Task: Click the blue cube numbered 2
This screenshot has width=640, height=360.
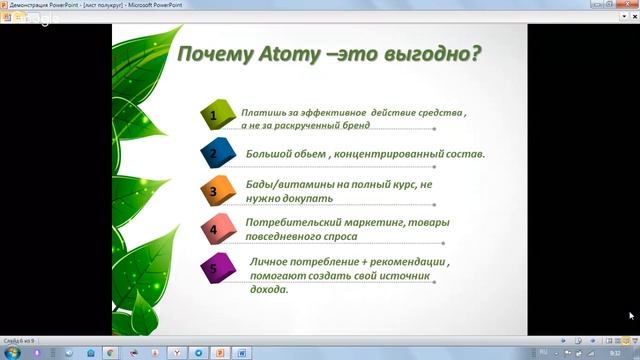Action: tap(215, 155)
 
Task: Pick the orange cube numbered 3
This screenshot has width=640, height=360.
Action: tap(215, 191)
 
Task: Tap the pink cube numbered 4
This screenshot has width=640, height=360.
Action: tap(215, 229)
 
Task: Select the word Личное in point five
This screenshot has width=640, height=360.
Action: tap(269, 261)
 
